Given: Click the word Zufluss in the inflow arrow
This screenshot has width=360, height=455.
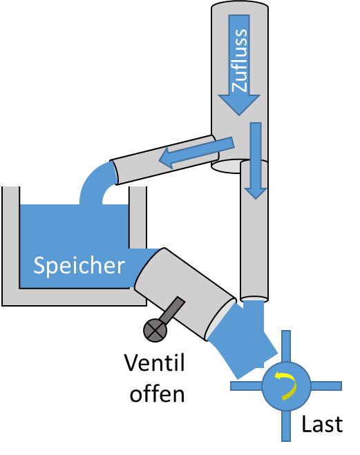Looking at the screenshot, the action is [x=240, y=60].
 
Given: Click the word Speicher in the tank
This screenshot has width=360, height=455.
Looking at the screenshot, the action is [x=79, y=266].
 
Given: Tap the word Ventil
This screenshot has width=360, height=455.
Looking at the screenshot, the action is [x=155, y=362].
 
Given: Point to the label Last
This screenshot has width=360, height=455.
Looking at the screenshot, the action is [x=322, y=424].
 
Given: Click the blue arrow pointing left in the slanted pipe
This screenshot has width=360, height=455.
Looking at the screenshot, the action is [x=196, y=153].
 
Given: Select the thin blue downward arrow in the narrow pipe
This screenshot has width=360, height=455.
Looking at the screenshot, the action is [x=256, y=161].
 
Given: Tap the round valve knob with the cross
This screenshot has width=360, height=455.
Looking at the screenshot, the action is [x=155, y=330].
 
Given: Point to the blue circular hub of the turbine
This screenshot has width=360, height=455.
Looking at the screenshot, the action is [x=286, y=386].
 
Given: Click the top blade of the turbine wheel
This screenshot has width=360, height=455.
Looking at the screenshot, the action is [x=286, y=346].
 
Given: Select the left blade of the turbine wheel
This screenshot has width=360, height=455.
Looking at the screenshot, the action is [x=246, y=386].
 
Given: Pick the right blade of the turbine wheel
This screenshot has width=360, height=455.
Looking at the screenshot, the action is [x=326, y=386].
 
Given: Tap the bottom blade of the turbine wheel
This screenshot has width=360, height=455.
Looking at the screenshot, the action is [x=286, y=426].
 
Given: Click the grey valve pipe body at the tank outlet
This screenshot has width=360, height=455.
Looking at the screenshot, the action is [x=184, y=293].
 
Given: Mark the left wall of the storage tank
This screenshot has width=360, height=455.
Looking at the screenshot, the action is [x=11, y=246].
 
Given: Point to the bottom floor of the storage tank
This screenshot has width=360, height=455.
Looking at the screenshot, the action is [x=74, y=297].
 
